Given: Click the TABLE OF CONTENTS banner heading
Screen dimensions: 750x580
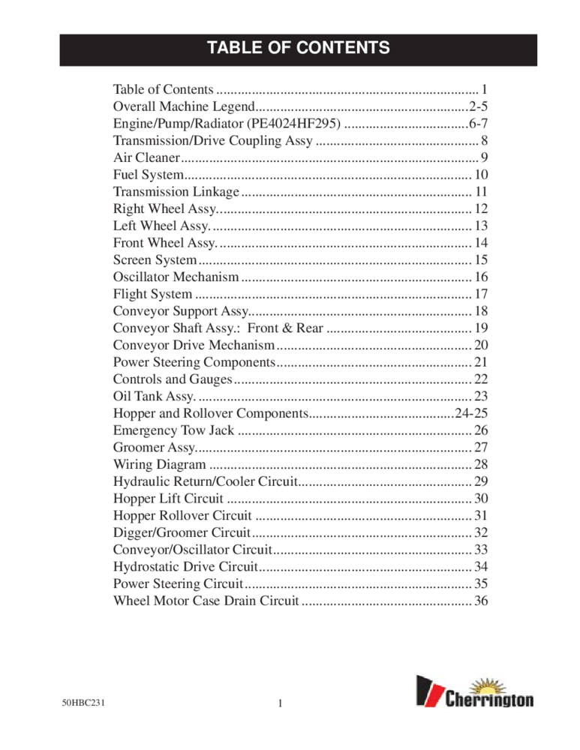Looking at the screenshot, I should pos(298,49).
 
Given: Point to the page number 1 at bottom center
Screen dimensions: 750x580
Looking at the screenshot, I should pos(279,703).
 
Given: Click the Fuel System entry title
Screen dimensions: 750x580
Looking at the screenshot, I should pos(143,175).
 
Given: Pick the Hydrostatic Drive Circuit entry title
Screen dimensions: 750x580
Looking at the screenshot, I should pos(185,567).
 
